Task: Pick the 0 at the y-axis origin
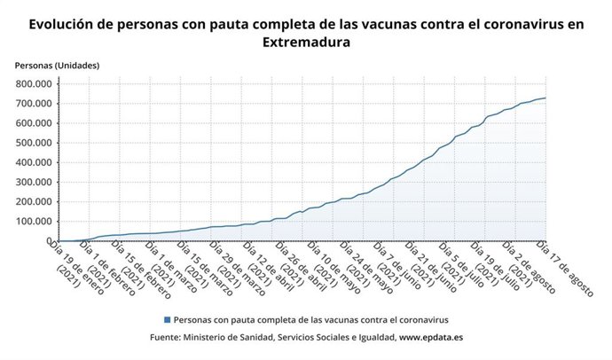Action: [x=51, y=240]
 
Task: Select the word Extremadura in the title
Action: [x=306, y=42]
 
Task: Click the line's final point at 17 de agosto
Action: [x=545, y=98]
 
